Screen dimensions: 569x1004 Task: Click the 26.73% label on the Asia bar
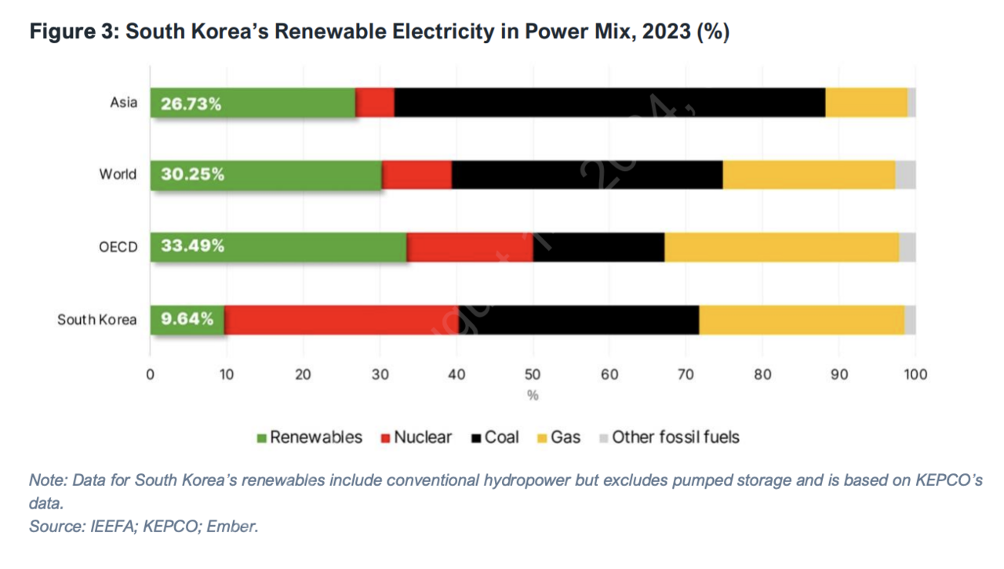(x=191, y=103)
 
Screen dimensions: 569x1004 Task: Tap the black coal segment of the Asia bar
(x=609, y=103)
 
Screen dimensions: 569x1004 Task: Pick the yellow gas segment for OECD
(x=781, y=247)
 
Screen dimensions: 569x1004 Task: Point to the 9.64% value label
(x=187, y=319)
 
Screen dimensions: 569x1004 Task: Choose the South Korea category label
(x=96, y=320)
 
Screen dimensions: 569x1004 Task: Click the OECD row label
(x=118, y=247)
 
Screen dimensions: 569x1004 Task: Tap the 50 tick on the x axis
(x=533, y=375)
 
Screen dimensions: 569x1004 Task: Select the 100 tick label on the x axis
(x=915, y=375)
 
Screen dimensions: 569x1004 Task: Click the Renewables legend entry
(x=310, y=437)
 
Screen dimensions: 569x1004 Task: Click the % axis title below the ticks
(x=533, y=396)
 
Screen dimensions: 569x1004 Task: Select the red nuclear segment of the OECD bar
(x=470, y=247)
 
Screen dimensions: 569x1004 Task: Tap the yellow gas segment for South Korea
(x=801, y=320)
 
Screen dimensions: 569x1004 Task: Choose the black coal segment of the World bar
(x=587, y=175)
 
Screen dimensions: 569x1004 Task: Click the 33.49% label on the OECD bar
(x=192, y=246)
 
